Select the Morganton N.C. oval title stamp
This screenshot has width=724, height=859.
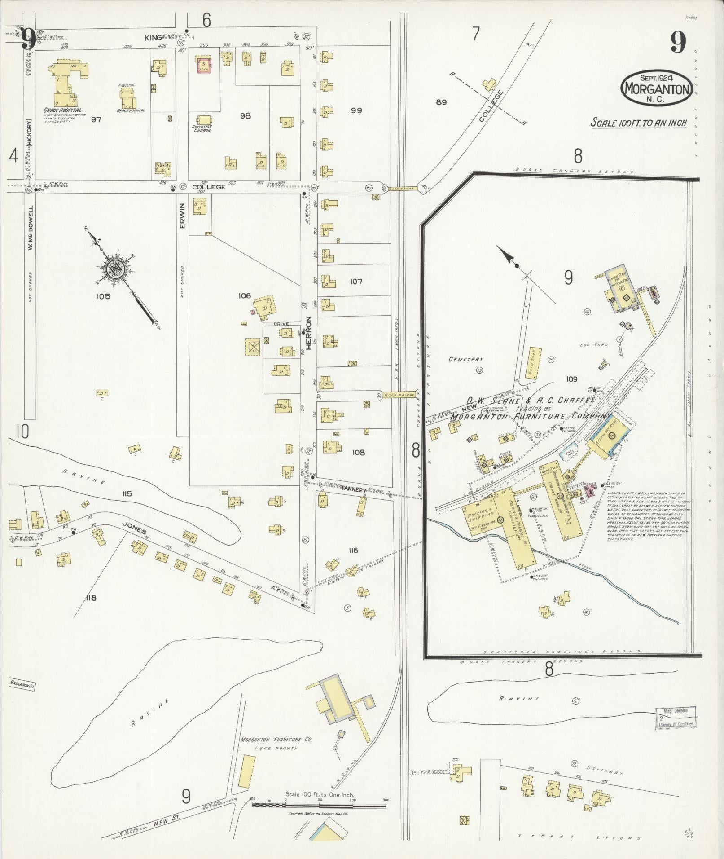coord(655,88)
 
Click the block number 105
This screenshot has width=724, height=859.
coord(103,296)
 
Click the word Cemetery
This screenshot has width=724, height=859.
coord(466,359)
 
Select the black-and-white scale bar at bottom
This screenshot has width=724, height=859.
coord(319,806)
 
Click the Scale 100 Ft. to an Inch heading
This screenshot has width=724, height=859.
coord(638,123)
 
